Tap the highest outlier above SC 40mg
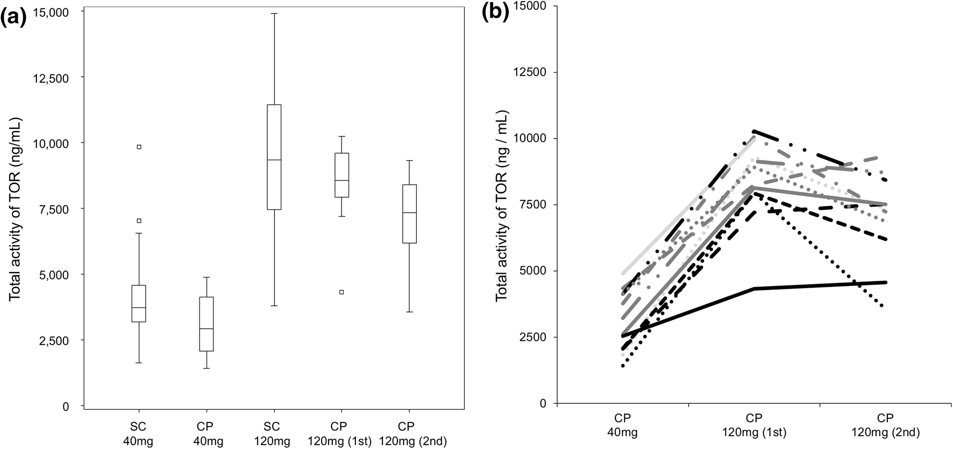point(139,147)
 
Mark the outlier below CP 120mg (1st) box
point(342,292)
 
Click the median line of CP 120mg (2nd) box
point(409,213)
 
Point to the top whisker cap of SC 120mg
point(274,13)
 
